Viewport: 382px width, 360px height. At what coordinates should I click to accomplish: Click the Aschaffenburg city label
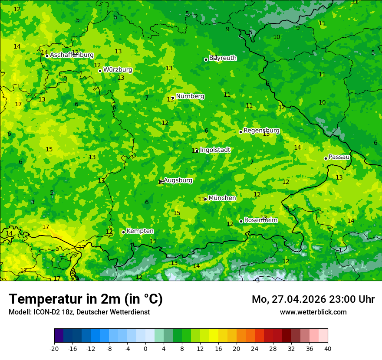coord(72,55)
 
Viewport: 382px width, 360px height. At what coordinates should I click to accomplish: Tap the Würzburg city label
coord(118,70)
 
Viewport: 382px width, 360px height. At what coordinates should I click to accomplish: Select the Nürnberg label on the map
coord(190,96)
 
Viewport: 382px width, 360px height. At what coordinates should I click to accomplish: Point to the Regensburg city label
coord(261,131)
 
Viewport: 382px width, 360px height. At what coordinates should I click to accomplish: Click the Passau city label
coord(339,157)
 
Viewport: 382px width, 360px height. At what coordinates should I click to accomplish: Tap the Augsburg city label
coord(178,180)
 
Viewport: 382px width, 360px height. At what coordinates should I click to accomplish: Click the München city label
coord(222,198)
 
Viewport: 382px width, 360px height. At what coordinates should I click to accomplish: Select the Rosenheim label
coord(260,220)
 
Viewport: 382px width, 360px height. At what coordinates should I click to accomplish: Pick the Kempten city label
coord(140,231)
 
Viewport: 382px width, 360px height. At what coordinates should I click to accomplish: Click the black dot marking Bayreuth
coord(206,59)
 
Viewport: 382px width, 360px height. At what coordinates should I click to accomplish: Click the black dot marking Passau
coord(326,158)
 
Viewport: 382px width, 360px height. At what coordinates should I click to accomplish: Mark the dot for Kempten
coord(123,232)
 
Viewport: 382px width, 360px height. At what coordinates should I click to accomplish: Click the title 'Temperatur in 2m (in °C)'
coord(86,299)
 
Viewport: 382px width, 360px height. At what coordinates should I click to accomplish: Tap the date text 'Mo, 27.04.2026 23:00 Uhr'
coord(313,299)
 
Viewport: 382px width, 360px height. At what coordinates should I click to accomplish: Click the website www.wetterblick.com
coord(313,312)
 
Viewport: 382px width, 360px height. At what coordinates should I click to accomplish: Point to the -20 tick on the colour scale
coord(54,348)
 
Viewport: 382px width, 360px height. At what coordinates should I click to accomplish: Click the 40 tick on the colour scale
coord(328,348)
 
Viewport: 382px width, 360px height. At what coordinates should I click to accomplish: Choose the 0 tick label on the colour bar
coord(145,348)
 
